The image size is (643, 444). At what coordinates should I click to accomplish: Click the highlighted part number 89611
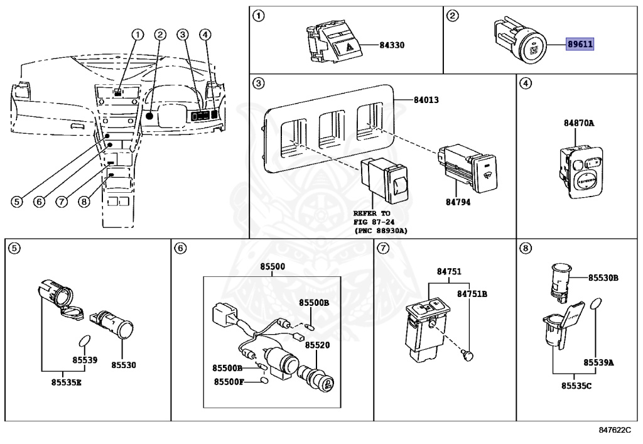pos(580,45)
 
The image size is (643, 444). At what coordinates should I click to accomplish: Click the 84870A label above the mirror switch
pos(578,123)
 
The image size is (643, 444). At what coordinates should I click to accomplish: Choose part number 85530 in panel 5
pos(124,364)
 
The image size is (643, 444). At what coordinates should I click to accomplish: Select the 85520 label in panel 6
pos(318,345)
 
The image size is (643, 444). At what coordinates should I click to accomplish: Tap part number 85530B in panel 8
pos(603,277)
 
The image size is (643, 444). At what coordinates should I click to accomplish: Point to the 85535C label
pos(572,385)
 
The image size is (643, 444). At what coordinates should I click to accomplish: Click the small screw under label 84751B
pos(467,356)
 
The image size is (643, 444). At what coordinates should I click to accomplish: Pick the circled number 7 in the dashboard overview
pos(61,202)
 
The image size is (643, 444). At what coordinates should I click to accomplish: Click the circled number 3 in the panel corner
pos(258,83)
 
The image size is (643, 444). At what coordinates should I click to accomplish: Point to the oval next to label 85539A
pos(596,306)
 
